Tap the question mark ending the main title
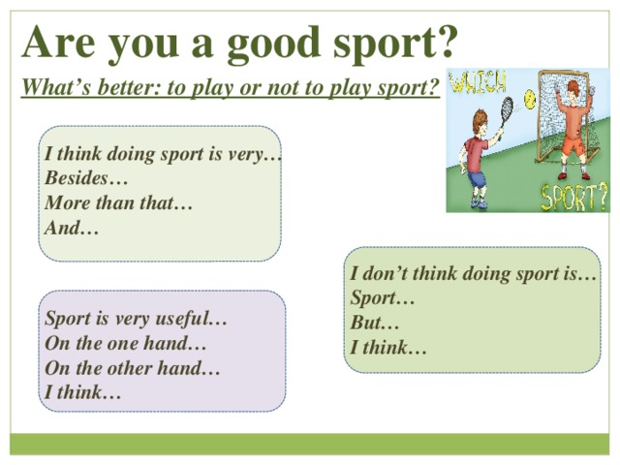point(446,40)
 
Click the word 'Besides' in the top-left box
point(76,177)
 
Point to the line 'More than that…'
point(118,202)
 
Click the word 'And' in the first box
point(60,228)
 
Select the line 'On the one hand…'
point(125,343)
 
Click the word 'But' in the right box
point(366,323)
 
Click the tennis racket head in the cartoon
point(507,108)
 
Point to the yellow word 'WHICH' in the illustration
point(479,81)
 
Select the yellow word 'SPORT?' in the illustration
point(573,197)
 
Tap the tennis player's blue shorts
point(477,180)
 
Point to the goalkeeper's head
point(573,88)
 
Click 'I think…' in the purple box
point(82,392)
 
